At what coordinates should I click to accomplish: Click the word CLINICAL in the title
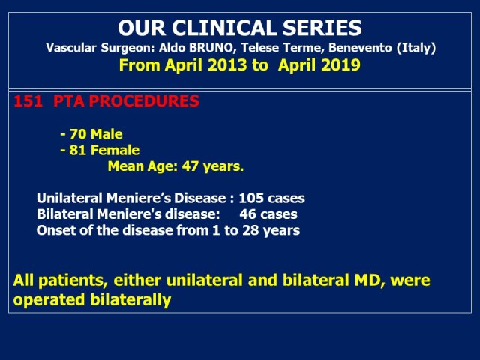click(x=225, y=28)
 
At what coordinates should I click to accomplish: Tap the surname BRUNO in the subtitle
click(x=212, y=48)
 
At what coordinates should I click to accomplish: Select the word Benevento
click(x=360, y=48)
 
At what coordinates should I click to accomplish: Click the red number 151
click(x=28, y=101)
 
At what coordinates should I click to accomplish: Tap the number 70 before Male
click(x=78, y=134)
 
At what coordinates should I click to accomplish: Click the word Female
click(x=115, y=150)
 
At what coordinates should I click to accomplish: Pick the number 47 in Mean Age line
click(x=190, y=166)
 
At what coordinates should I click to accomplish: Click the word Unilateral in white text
click(x=70, y=198)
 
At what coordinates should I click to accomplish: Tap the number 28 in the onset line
click(x=251, y=230)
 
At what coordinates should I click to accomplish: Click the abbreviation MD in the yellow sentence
click(x=369, y=280)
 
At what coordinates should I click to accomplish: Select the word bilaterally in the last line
click(x=130, y=299)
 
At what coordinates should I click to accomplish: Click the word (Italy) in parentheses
click(x=416, y=48)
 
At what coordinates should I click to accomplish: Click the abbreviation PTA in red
click(x=68, y=101)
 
